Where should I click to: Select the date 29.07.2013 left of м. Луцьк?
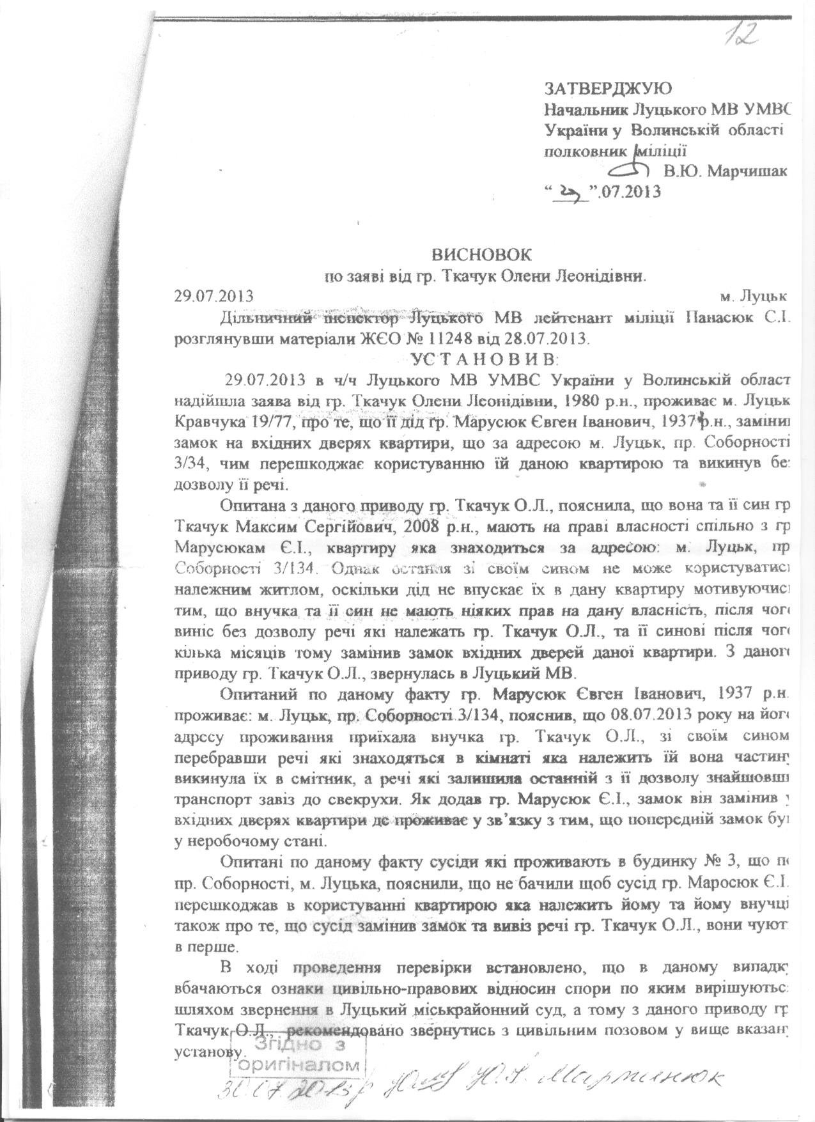213,296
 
